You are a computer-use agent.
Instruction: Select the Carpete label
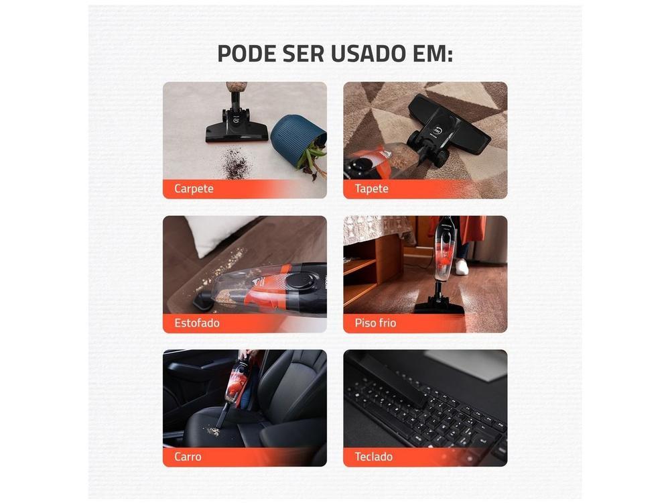coord(194,188)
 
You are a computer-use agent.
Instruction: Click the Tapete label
coord(372,188)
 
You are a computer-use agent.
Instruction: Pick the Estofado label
coord(197,323)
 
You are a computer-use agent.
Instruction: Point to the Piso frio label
coord(375,323)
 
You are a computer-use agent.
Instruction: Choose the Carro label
coord(188,457)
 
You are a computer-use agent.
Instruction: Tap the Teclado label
coord(374,457)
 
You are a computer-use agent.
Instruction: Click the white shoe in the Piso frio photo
coord(462,266)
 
